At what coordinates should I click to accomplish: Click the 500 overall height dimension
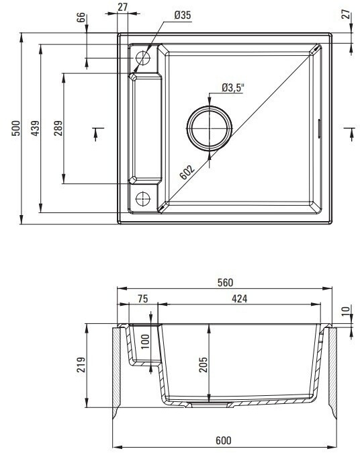point(17,128)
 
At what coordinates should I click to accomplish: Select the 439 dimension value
point(36,128)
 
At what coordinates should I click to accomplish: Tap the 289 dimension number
point(58,128)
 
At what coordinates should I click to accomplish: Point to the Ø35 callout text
point(183,15)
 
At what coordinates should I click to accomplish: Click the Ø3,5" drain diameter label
point(233,87)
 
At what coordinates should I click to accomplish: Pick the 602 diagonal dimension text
point(187,172)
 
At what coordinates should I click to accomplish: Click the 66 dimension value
point(81,17)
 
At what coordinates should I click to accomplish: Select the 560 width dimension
point(225,282)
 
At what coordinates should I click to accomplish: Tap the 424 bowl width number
point(240,298)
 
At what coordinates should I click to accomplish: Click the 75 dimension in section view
point(143,298)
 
